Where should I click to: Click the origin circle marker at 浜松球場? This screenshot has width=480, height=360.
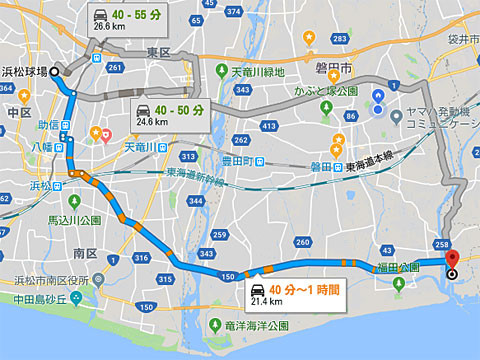[55, 70]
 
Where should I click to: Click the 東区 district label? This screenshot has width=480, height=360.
[160, 52]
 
